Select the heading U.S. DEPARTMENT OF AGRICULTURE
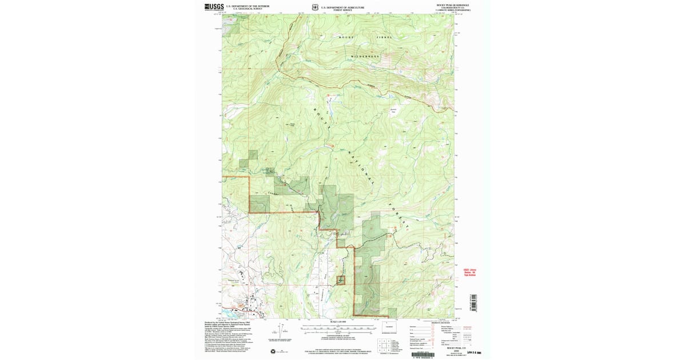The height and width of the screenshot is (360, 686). coord(342,6)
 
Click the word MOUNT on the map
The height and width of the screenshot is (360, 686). coord(346,37)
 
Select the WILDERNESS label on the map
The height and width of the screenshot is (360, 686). coord(365,56)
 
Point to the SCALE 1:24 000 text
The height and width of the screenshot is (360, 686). coord(338,323)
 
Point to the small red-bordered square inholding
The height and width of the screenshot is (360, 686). coord(341,280)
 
